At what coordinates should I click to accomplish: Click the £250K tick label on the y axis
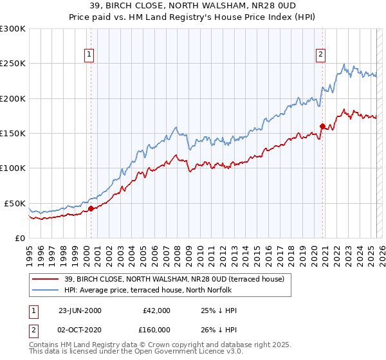pyautogui.click(x=13, y=64)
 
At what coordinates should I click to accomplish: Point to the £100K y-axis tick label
pyautogui.click(x=13, y=168)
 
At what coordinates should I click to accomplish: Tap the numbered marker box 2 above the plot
pyautogui.click(x=320, y=55)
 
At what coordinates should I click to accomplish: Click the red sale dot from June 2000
pyautogui.click(x=91, y=208)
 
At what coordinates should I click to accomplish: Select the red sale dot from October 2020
pyautogui.click(x=322, y=126)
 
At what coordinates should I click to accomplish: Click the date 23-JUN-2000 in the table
pyautogui.click(x=80, y=310)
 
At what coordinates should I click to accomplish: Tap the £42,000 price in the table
pyautogui.click(x=156, y=310)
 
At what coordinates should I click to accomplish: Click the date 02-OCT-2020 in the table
pyautogui.click(x=80, y=331)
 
